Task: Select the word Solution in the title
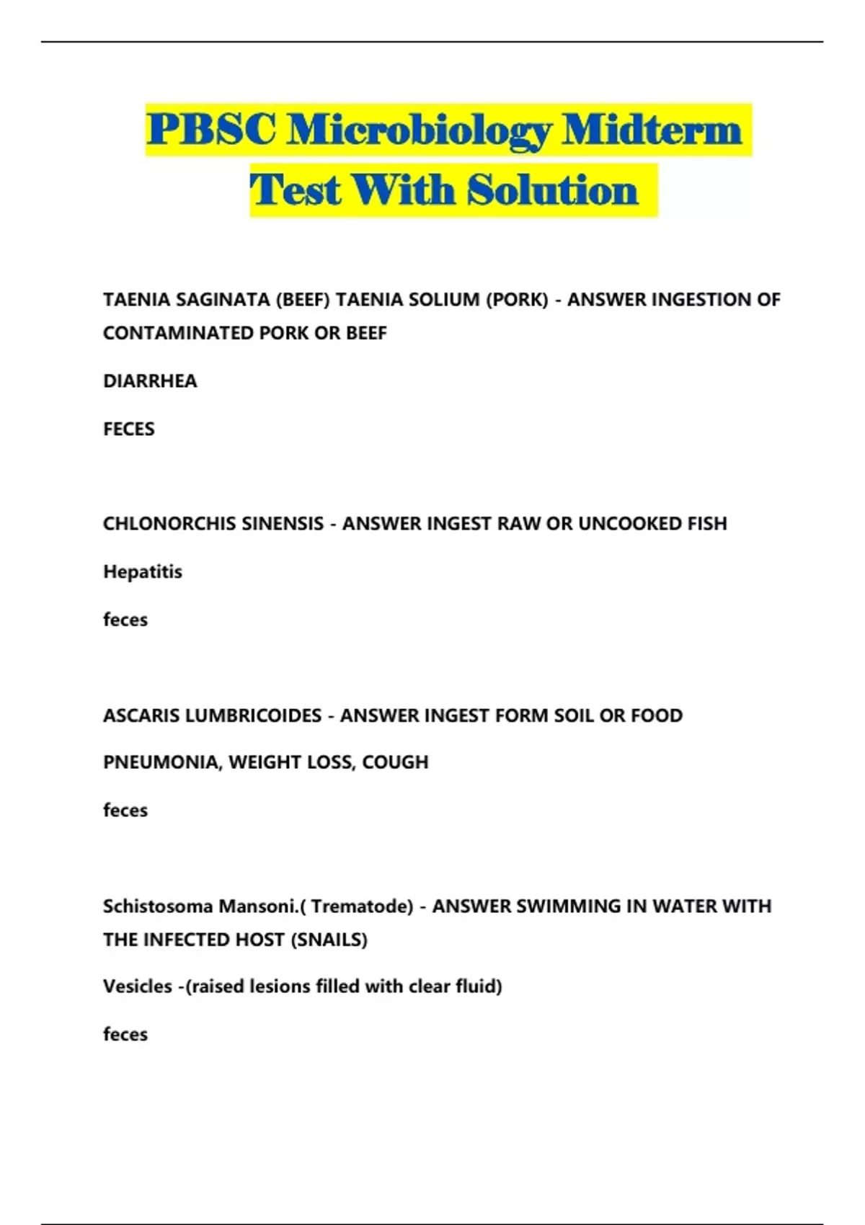tap(552, 191)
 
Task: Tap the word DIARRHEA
tap(150, 380)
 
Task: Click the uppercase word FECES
tap(129, 429)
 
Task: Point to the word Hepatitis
tap(143, 571)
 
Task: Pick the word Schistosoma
tap(157, 906)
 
